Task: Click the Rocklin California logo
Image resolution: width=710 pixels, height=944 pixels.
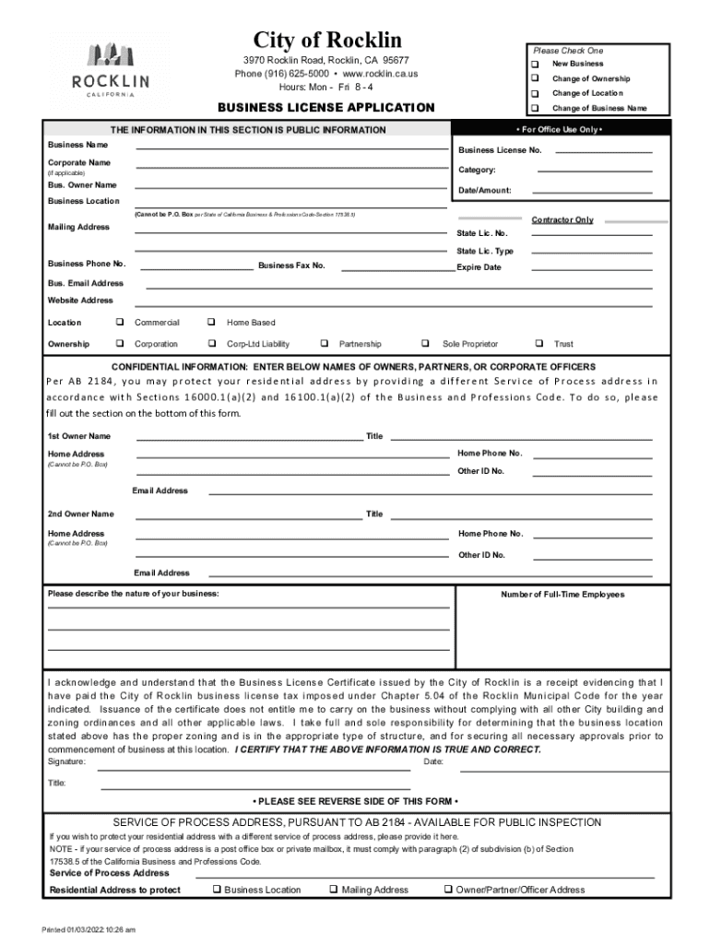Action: point(111,70)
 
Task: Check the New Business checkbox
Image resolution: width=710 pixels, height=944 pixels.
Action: point(535,65)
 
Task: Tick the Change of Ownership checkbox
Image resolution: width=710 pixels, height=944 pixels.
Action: point(535,79)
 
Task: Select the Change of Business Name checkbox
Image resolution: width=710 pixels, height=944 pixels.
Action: point(535,109)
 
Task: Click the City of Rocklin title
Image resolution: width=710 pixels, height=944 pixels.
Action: point(327,40)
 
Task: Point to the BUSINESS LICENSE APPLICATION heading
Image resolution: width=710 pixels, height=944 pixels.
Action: point(325,108)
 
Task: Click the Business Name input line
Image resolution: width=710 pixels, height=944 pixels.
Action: point(291,147)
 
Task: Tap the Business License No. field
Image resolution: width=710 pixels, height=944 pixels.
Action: point(603,149)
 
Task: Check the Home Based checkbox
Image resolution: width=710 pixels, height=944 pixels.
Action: point(211,323)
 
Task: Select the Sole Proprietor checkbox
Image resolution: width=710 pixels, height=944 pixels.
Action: point(426,344)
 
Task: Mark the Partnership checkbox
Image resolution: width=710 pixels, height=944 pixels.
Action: point(324,344)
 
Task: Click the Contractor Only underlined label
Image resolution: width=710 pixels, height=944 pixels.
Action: point(562,220)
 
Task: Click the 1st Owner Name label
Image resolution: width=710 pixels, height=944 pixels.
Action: point(79,436)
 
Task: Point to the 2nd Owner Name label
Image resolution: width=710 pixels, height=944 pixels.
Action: point(81,513)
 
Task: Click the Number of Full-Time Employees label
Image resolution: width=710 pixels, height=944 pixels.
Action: point(562,595)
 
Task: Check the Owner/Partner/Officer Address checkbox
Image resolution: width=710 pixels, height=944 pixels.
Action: point(447,890)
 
